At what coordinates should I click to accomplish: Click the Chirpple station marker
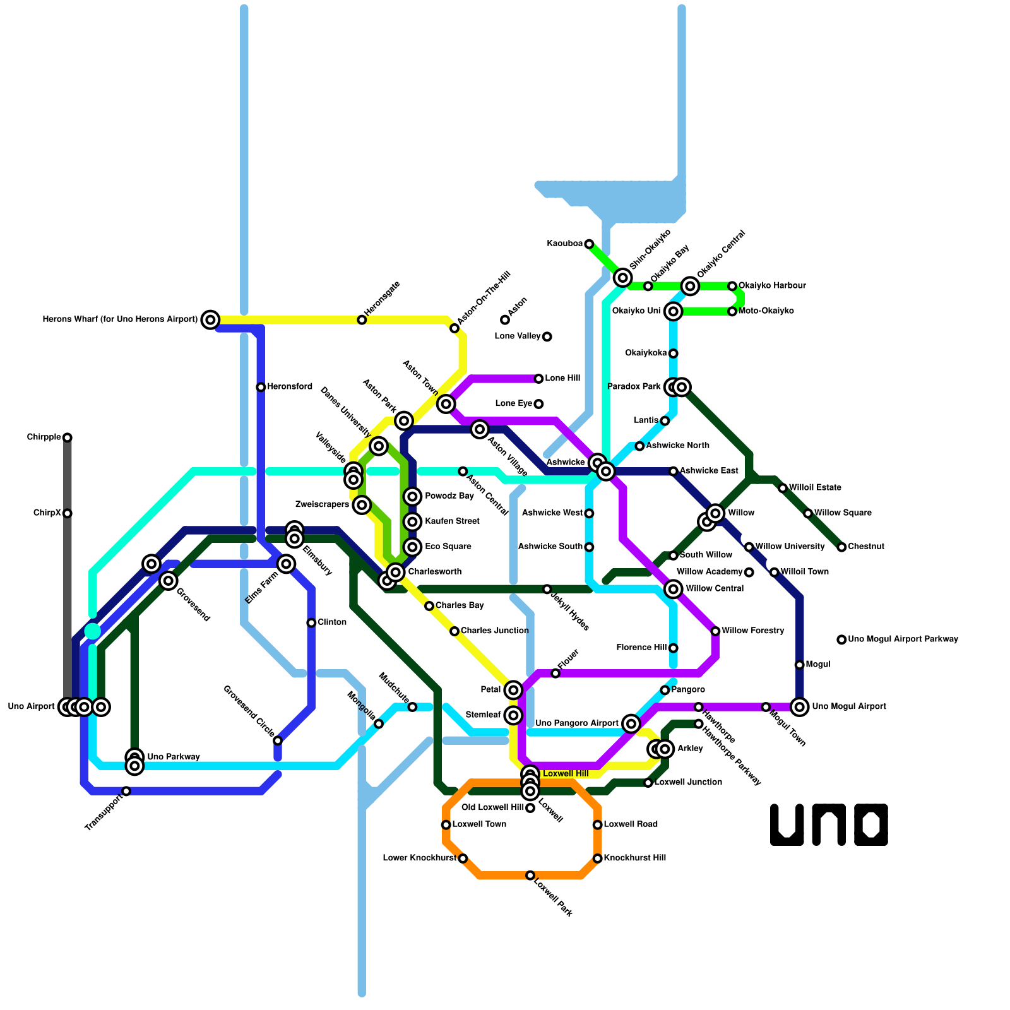pyautogui.click(x=68, y=437)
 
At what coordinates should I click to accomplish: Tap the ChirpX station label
pyautogui.click(x=47, y=513)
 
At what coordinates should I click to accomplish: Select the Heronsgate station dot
pyautogui.click(x=362, y=320)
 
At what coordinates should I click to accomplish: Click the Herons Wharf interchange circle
pyautogui.click(x=210, y=319)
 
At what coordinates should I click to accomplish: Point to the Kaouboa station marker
pyautogui.click(x=589, y=244)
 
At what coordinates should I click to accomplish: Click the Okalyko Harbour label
pyautogui.click(x=772, y=286)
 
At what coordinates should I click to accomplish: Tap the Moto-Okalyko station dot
pyautogui.click(x=732, y=311)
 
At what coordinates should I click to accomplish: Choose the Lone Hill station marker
pyautogui.click(x=538, y=379)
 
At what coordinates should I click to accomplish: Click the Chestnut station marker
pyautogui.click(x=841, y=547)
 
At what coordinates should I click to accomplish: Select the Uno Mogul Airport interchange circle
pyautogui.click(x=800, y=706)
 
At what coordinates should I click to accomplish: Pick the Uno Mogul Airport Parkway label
pyautogui.click(x=903, y=639)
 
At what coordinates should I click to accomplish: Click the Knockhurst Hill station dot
pyautogui.click(x=598, y=858)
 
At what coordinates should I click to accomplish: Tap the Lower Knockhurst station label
pyautogui.click(x=419, y=858)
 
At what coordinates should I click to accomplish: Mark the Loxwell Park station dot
pyautogui.click(x=530, y=875)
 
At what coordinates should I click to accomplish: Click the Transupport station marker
pyautogui.click(x=126, y=791)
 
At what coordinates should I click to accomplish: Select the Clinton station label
pyautogui.click(x=332, y=622)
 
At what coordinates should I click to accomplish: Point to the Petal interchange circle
pyautogui.click(x=514, y=689)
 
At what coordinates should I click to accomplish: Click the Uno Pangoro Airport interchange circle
pyautogui.click(x=631, y=723)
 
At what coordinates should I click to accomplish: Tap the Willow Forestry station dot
pyautogui.click(x=715, y=631)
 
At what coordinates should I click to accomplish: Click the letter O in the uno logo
pyautogui.click(x=871, y=824)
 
